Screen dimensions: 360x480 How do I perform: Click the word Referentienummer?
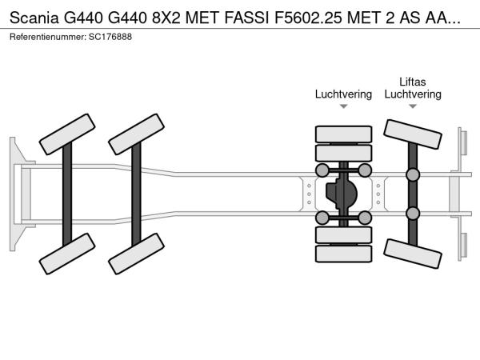pos(46,38)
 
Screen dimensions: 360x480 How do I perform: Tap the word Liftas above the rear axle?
pos(413,81)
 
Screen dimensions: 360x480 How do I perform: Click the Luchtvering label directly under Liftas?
pos(413,94)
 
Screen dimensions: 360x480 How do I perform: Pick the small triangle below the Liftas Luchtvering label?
pos(413,106)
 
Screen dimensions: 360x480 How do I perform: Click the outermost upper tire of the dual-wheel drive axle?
pos(343,134)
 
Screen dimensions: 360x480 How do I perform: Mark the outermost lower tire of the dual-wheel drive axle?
pos(343,254)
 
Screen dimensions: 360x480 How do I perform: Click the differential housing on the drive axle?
pos(343,194)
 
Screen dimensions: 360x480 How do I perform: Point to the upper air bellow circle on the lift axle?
pos(413,175)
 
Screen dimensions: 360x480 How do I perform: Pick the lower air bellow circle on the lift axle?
pos(413,213)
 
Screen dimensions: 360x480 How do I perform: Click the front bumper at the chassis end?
pos(15,194)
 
